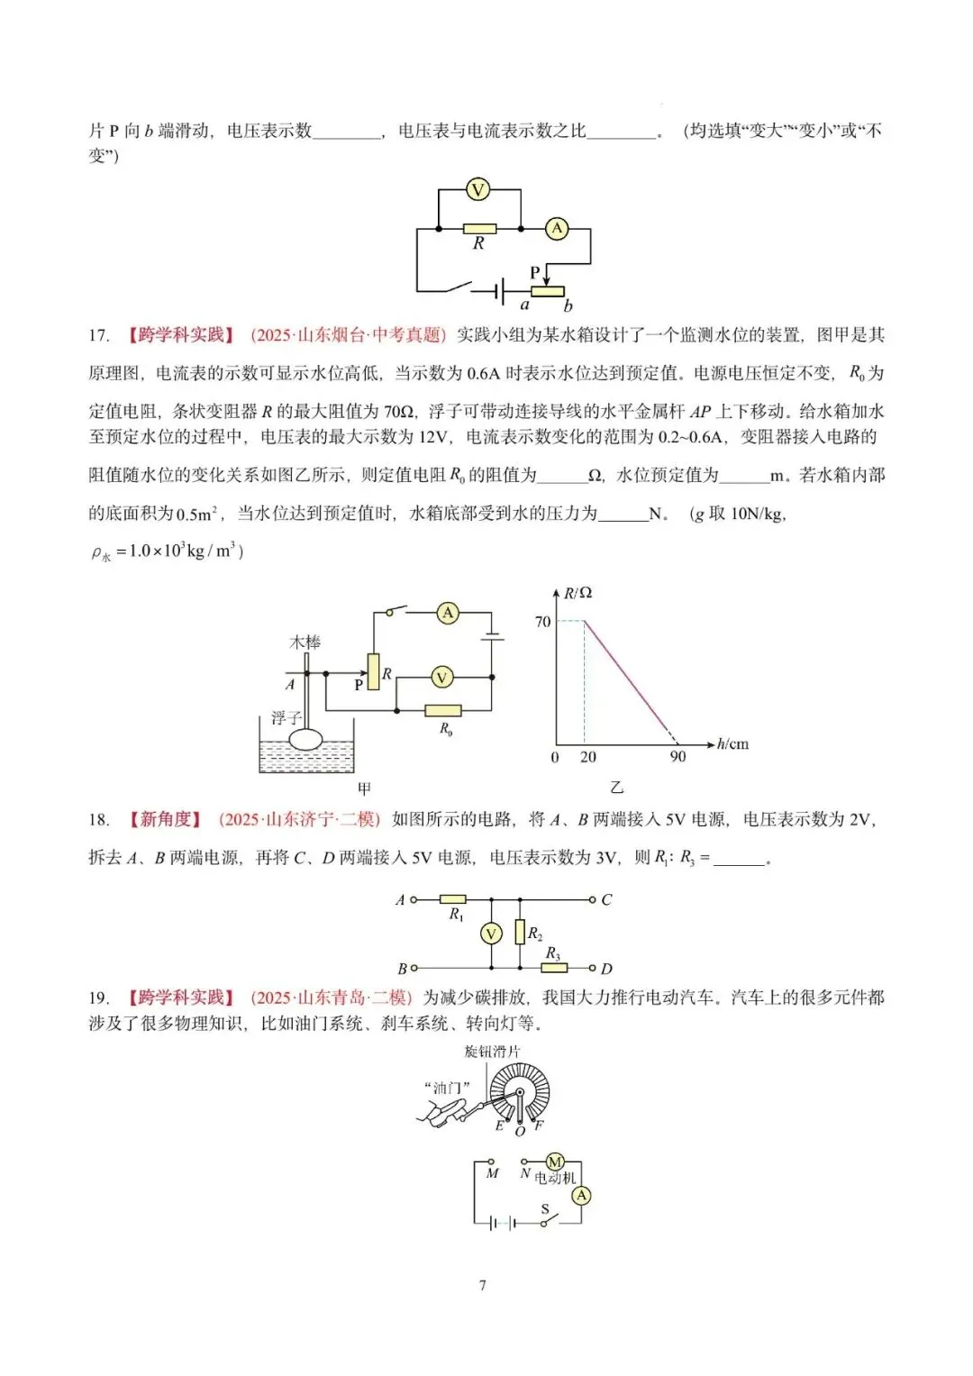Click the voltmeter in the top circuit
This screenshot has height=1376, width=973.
tap(477, 190)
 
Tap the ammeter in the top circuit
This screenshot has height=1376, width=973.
tap(557, 229)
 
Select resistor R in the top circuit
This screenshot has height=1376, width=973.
tap(478, 229)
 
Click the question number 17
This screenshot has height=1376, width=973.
tap(98, 335)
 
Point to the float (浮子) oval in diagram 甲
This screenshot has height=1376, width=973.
tap(306, 739)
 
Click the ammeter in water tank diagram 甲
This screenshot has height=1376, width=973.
tap(448, 614)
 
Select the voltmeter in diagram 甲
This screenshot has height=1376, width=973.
tap(441, 678)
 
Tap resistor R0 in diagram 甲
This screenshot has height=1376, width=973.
tap(442, 711)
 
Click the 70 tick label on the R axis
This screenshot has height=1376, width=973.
tap(542, 622)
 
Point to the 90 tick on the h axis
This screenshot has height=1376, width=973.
tap(677, 757)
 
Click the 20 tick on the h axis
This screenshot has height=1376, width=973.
tap(588, 757)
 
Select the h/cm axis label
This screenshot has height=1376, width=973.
tap(732, 744)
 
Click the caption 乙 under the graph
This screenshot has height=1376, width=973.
tap(616, 788)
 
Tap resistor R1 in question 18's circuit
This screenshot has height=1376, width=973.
tap(452, 899)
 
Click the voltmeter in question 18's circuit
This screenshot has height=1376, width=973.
tap(491, 934)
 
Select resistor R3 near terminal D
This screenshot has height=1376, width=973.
tap(554, 968)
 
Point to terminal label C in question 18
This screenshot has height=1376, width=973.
tap(606, 899)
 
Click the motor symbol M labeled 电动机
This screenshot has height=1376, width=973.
tap(555, 1162)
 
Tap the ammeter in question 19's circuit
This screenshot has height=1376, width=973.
tap(582, 1195)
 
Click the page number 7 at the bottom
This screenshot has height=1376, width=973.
tap(483, 1285)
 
